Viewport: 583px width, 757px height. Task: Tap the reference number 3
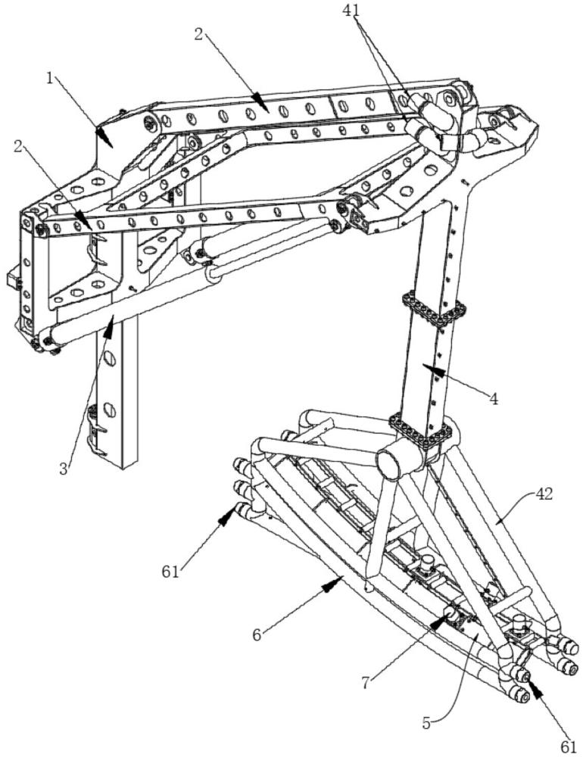(64, 469)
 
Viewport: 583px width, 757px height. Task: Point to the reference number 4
(493, 399)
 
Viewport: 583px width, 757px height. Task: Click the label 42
(544, 494)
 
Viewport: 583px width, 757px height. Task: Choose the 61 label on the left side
(170, 572)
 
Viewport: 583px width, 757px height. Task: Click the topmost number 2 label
(198, 34)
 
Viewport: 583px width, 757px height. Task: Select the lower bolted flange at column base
(422, 431)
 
